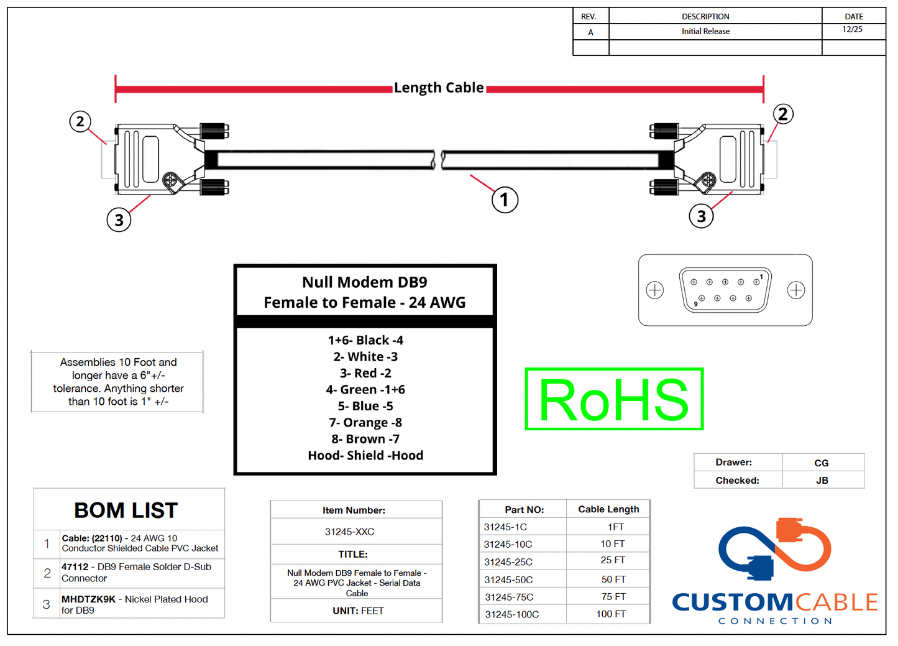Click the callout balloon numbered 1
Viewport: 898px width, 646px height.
[505, 200]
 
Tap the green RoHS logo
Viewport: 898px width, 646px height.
[614, 399]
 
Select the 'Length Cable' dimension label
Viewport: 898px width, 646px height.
[439, 88]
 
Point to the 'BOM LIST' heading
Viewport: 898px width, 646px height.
[126, 510]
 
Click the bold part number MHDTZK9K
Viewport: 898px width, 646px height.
[88, 599]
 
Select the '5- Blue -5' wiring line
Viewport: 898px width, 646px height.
[365, 406]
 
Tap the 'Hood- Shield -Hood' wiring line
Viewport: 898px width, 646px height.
[365, 456]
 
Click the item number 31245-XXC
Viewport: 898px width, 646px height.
[349, 532]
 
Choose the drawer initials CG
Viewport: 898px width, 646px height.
[822, 463]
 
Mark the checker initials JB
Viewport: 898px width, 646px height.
[822, 481]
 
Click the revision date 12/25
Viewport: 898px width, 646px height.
[853, 30]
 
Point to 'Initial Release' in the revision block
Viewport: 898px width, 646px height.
[705, 32]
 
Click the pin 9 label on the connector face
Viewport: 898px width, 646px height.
[695, 304]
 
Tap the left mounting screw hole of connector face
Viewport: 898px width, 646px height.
[655, 290]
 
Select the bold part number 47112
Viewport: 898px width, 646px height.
[75, 567]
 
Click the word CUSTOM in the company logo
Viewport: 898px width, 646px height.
[732, 602]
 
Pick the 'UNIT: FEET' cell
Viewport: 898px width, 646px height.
[358, 611]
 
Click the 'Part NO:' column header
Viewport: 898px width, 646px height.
[524, 510]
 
